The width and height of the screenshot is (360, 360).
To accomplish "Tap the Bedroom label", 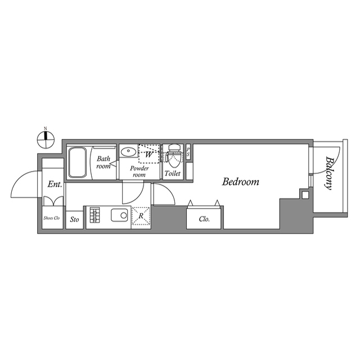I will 240,182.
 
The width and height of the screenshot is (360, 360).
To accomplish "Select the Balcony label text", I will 327,172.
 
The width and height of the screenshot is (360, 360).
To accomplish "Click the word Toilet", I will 173,174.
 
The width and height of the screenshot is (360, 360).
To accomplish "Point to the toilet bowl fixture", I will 173,155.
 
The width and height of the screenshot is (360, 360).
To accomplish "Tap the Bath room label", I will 103,163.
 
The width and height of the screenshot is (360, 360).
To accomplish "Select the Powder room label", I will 139,172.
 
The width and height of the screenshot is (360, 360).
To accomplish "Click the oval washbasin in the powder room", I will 128,152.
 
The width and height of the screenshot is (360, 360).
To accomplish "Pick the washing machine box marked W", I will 149,153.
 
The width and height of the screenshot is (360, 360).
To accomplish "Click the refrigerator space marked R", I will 141,217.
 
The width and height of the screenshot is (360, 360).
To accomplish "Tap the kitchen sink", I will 120,215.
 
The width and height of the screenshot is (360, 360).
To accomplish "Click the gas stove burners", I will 94,216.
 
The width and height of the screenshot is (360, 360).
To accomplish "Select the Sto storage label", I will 74,219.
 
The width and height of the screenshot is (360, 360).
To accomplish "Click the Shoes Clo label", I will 52,218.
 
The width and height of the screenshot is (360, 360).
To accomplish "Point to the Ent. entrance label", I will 55,184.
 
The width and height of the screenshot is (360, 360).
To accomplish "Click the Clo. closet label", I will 205,219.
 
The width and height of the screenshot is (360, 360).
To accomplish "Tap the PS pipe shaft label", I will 188,151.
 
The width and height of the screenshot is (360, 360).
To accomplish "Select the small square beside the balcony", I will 304,195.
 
